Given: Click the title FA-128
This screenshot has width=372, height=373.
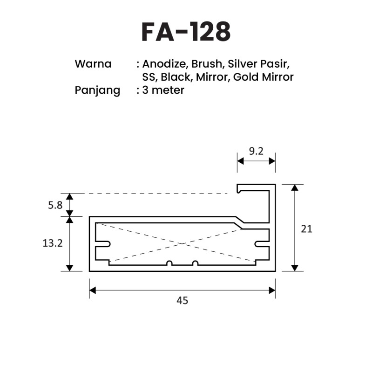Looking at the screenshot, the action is tap(186, 32).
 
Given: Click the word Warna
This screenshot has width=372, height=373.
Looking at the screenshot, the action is tap(93, 64).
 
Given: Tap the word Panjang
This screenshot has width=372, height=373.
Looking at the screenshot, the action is tap(97, 90).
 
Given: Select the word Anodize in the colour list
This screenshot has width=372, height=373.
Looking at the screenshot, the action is tap(164, 64).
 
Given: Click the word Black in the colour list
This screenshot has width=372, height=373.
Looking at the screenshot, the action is tap(176, 77).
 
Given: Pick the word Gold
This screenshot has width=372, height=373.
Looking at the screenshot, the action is tap(245, 77).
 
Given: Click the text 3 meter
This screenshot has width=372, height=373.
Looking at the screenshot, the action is tap(163, 90).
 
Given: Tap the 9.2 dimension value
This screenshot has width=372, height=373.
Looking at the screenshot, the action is tap(256, 151).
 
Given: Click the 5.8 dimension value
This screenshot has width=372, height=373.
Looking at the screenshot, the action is tap(55, 205).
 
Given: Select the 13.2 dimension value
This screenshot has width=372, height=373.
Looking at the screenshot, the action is tap(53, 243).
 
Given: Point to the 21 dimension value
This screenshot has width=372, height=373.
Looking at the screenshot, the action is tap(306, 229).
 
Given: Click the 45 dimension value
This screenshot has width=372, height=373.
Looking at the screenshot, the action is tap(183, 301).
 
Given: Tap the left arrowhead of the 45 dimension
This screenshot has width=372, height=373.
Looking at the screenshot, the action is tap(92, 290).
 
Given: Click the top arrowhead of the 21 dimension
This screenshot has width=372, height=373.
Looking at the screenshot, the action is tap(295, 188).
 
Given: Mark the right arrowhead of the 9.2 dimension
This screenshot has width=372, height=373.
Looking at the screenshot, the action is tap(272, 161).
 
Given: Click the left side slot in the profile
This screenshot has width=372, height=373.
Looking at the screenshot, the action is tap(103, 244).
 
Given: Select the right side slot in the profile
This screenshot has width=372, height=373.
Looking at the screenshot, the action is tap(262, 244).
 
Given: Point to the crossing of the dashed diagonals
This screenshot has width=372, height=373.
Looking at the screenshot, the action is tap(182, 243).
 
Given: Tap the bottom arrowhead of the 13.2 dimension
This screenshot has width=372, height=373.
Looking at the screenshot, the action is tap(69, 268).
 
